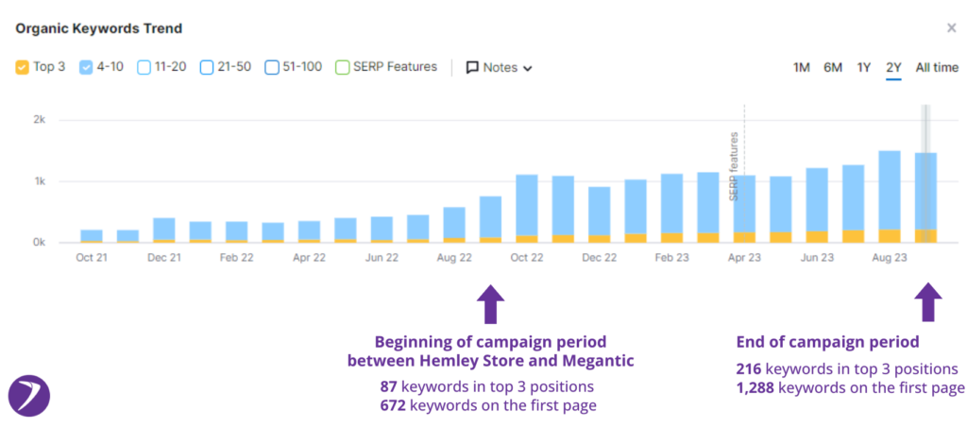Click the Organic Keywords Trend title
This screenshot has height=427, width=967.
tap(98, 28)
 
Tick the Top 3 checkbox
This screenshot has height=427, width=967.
tap(23, 67)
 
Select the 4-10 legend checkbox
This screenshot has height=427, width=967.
tap(86, 67)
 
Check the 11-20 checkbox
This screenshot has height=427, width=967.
tap(144, 67)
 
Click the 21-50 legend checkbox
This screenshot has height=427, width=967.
tap(207, 67)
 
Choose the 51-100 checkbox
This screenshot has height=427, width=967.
tap(271, 67)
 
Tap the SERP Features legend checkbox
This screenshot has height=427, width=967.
tap(343, 67)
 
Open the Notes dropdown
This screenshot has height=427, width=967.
tap(500, 68)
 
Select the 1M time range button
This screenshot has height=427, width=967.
tap(801, 67)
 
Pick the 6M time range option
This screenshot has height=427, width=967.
tap(832, 67)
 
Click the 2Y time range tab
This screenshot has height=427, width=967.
tap(893, 67)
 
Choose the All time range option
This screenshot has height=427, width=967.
tap(936, 67)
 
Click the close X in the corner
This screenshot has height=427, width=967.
tap(951, 28)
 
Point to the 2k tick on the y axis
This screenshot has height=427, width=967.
tap(39, 120)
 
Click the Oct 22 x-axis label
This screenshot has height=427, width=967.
tap(527, 256)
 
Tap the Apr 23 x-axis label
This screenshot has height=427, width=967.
tap(744, 256)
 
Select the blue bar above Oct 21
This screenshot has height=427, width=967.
tap(92, 234)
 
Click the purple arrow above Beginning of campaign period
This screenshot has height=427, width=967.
tap(492, 304)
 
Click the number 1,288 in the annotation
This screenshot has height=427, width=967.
tap(757, 386)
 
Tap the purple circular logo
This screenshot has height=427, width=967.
tap(29, 397)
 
